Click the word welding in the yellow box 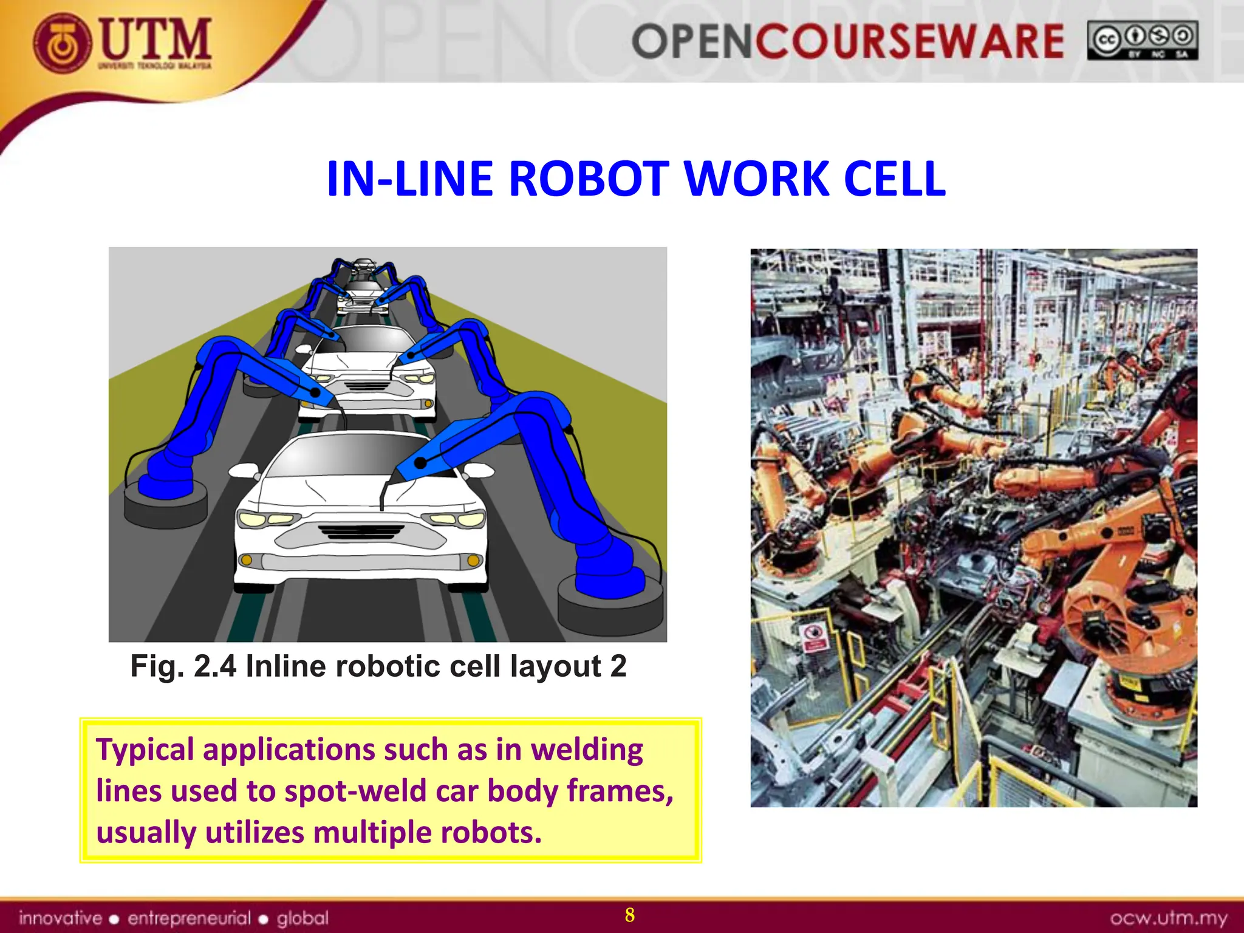[586, 750]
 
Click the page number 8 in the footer [629, 915]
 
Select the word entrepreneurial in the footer [188, 918]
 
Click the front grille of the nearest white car [361, 532]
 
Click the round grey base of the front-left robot [165, 507]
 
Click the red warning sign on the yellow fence [814, 637]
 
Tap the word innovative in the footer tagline [60, 918]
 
